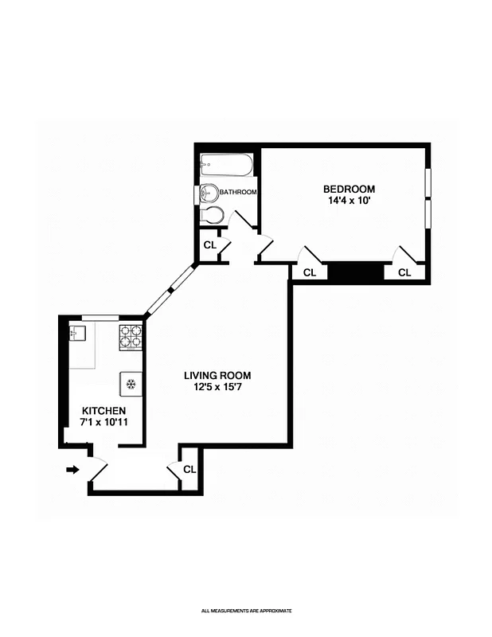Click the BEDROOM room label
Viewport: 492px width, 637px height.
(349, 189)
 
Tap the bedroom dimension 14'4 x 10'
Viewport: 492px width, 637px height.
(349, 201)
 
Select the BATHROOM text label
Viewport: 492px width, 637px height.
(238, 193)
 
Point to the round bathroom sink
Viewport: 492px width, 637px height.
(209, 193)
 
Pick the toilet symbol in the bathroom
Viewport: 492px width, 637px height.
(212, 214)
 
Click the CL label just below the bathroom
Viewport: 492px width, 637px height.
(209, 245)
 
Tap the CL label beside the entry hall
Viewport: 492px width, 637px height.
(189, 470)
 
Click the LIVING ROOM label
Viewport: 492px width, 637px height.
(217, 376)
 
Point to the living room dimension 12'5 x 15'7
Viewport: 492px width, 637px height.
(217, 388)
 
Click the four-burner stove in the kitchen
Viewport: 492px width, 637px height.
(131, 337)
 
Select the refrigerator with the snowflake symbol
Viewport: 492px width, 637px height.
(131, 385)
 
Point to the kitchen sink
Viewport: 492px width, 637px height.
(78, 333)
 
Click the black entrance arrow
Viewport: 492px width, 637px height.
(72, 470)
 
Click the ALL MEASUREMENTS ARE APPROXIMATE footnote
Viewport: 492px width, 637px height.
(246, 611)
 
